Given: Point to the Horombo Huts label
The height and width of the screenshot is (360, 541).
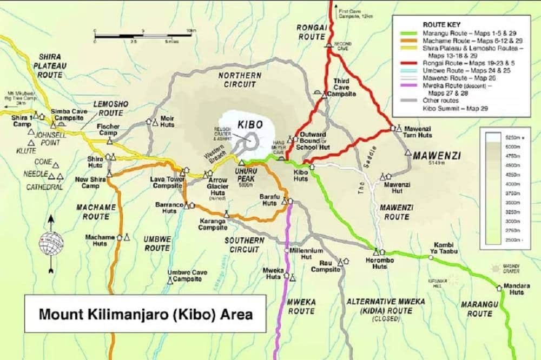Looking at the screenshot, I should tap(382, 262).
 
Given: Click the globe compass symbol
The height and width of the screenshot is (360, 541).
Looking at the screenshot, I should tap(51, 243).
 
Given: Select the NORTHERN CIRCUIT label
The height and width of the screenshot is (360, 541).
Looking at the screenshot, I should tap(240, 79).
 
